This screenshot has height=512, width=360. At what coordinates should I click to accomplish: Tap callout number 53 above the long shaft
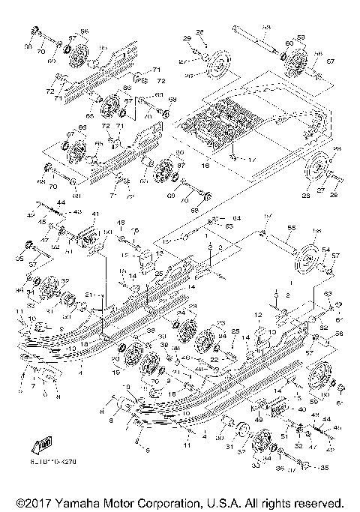tap(266, 27)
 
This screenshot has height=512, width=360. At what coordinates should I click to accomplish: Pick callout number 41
tap(95, 215)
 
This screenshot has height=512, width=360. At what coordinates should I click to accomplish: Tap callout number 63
tap(327, 294)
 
